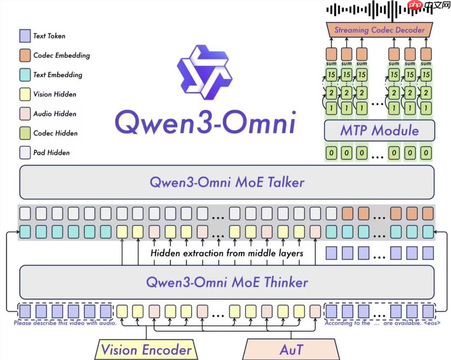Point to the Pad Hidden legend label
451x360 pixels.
point(51,153)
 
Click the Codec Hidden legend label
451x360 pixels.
point(55,133)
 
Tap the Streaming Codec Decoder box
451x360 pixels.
point(379,30)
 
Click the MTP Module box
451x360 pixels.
point(379,130)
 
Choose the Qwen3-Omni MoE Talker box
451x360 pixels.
point(226,182)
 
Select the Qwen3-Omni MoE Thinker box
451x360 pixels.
point(226,282)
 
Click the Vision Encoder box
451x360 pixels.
point(147,349)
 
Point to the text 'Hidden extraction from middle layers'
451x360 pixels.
point(226,253)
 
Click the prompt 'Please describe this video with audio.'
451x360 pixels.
point(65,323)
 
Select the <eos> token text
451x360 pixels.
point(431,323)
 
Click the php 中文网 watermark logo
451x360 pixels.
point(422,6)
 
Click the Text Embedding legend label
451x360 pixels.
point(58,75)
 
